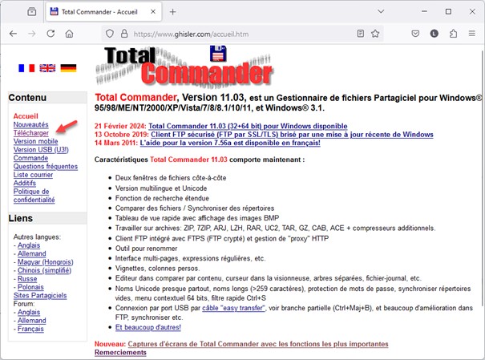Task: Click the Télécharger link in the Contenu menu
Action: point(31,133)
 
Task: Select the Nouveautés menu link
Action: point(31,125)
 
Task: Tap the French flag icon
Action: point(26,69)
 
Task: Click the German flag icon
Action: point(68,69)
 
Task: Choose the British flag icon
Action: point(47,69)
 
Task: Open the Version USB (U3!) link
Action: point(41,150)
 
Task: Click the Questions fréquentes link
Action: point(46,166)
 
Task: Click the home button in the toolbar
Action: point(71,34)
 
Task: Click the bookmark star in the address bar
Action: point(375,34)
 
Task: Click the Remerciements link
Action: point(120,353)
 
